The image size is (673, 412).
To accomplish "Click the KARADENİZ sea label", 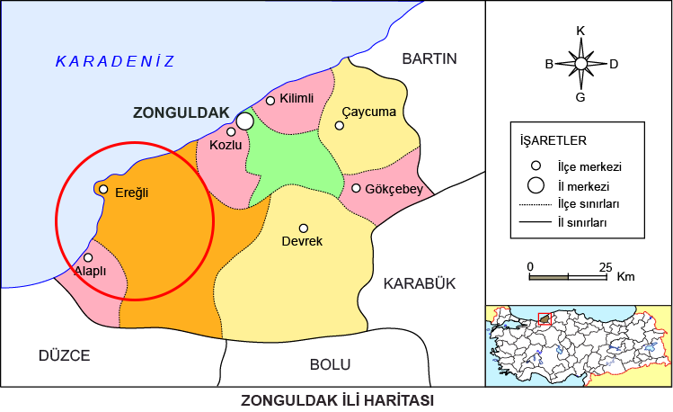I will [x=115, y=61].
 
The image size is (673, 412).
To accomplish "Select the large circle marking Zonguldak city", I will [x=244, y=121].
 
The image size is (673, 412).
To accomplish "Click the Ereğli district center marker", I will [x=103, y=190].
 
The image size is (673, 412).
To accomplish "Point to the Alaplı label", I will [x=90, y=271].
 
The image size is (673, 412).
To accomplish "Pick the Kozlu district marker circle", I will [x=231, y=132].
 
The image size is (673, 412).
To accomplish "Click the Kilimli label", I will [x=297, y=98].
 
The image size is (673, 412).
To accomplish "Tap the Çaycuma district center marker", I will [x=340, y=125].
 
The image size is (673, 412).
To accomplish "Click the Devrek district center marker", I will [x=304, y=228].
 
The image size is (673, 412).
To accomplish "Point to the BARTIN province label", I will [x=429, y=59].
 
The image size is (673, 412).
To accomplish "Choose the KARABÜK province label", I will [x=420, y=283].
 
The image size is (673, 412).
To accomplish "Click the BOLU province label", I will [x=331, y=364].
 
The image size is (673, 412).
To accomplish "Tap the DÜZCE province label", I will [x=64, y=355].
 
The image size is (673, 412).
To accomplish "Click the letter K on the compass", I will [x=580, y=31].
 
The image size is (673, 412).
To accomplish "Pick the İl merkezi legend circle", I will [x=536, y=186].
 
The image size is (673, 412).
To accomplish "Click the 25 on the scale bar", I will [x=606, y=267].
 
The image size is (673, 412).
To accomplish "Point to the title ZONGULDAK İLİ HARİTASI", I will [x=337, y=399].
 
